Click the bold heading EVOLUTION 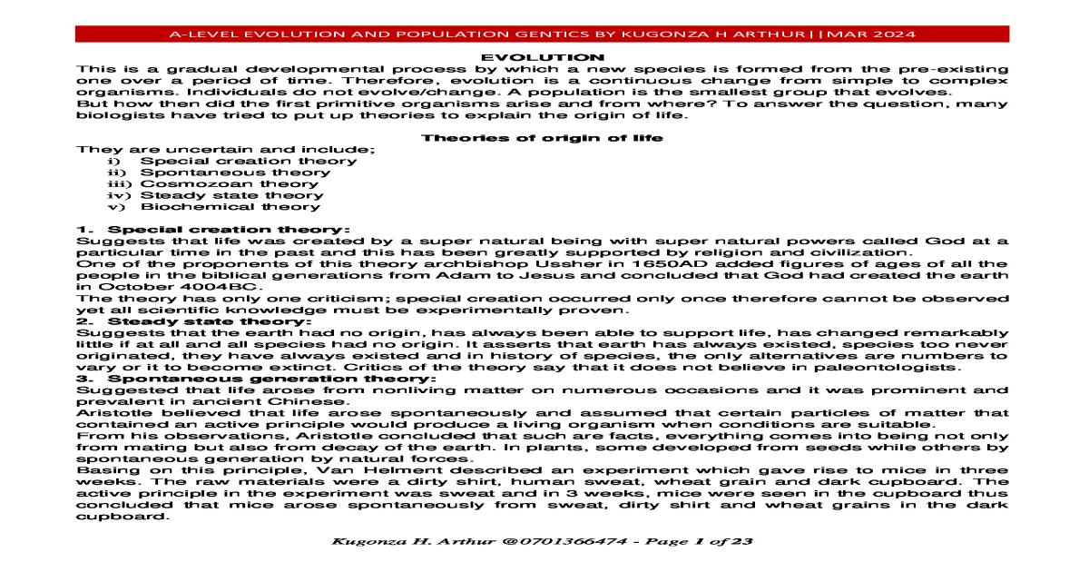pyautogui.click(x=543, y=58)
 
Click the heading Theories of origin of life pyautogui.click(x=543, y=138)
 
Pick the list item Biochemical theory pyautogui.click(x=231, y=206)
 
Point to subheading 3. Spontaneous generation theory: pyautogui.click(x=255, y=378)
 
